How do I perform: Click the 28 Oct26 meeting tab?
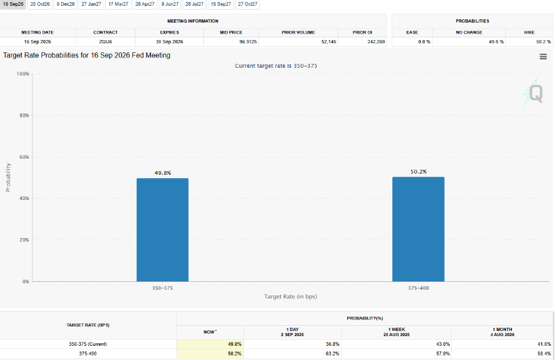[40, 5]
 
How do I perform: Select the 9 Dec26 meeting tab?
[65, 5]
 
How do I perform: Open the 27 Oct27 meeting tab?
[247, 5]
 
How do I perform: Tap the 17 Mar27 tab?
[118, 5]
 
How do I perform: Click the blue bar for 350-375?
[163, 230]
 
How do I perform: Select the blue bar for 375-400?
[418, 229]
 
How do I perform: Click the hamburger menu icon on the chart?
[543, 57]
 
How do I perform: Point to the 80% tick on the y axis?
[24, 115]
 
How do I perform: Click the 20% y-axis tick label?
[24, 240]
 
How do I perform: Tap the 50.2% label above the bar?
[418, 172]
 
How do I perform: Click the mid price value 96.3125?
[248, 42]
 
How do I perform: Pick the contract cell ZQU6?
[105, 42]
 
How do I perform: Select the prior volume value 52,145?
[328, 42]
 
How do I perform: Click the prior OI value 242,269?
[376, 42]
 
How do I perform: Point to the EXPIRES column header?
[169, 32]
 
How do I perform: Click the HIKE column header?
[529, 32]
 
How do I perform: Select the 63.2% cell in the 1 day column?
[332, 354]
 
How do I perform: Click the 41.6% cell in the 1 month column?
[544, 344]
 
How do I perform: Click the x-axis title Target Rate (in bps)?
[290, 297]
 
